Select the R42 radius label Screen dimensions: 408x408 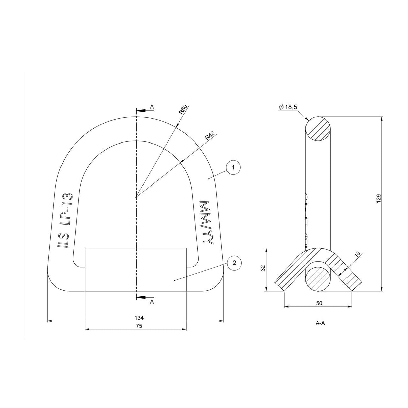(210, 136)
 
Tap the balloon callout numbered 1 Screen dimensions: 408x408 (233, 167)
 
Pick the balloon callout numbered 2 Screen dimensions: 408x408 (234, 263)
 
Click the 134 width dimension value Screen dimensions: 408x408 (139, 318)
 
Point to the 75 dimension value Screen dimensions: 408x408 (139, 326)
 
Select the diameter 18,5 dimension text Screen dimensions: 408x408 (288, 107)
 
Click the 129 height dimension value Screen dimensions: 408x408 (379, 198)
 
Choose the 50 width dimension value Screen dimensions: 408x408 (319, 303)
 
